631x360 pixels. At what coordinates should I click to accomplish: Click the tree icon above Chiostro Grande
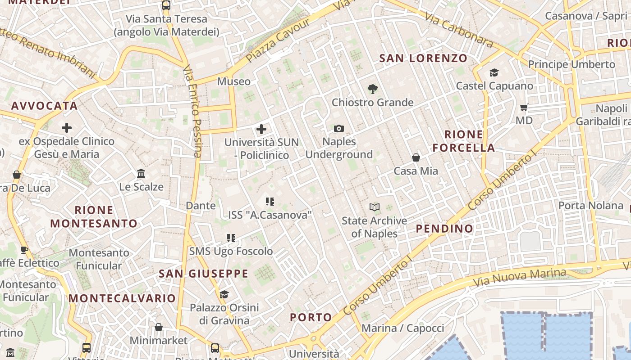pos(372,89)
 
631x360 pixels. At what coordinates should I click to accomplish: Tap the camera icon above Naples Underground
pos(339,129)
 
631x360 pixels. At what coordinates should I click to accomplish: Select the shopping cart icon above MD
pos(524,107)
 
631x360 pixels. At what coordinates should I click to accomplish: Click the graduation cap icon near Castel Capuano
pos(494,73)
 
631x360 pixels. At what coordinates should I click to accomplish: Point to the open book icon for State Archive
pos(375,207)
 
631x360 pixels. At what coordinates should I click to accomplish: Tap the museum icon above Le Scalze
pos(141,173)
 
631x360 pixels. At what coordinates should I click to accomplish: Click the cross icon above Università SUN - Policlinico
pos(261,130)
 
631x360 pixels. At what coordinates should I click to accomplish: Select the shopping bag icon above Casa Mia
pos(416,157)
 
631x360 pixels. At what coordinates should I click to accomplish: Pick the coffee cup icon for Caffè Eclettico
pos(24,250)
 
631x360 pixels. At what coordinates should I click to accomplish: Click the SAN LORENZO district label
pos(423,58)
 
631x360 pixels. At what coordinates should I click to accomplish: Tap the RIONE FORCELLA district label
pos(464,141)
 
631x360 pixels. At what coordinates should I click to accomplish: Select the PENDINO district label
pos(444,228)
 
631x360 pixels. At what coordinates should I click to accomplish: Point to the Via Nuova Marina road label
pos(520,278)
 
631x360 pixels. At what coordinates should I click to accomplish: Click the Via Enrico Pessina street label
pos(192,111)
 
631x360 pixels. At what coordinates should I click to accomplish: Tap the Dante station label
pos(201,206)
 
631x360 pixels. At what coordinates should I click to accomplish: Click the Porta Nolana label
pos(591,206)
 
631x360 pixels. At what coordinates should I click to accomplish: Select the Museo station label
pos(233,81)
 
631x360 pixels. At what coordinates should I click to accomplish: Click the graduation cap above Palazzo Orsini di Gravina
pos(224,294)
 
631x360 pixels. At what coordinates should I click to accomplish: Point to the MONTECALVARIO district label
pos(122,298)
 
